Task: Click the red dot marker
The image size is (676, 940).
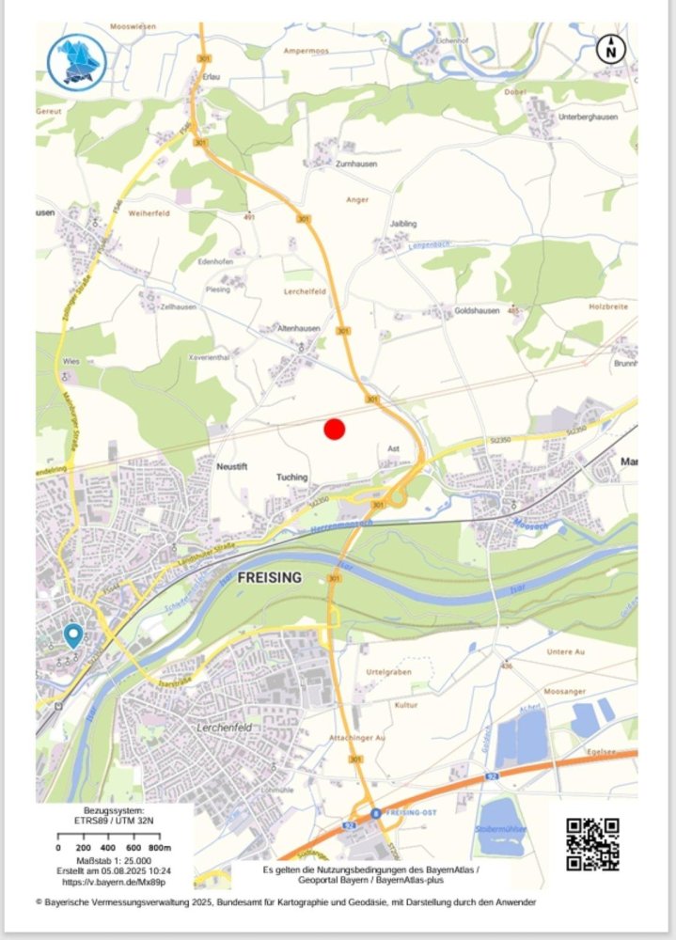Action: click(x=335, y=430)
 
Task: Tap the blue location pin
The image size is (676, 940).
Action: click(x=72, y=635)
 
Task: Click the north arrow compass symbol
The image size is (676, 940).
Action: click(x=611, y=50)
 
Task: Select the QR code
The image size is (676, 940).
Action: click(x=592, y=844)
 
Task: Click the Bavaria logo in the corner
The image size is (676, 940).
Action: click(x=76, y=62)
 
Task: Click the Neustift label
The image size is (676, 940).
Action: click(x=230, y=466)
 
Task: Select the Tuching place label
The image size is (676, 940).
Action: click(x=291, y=477)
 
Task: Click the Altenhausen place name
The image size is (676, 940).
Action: click(x=299, y=329)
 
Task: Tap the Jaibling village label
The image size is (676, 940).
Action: click(x=403, y=224)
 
